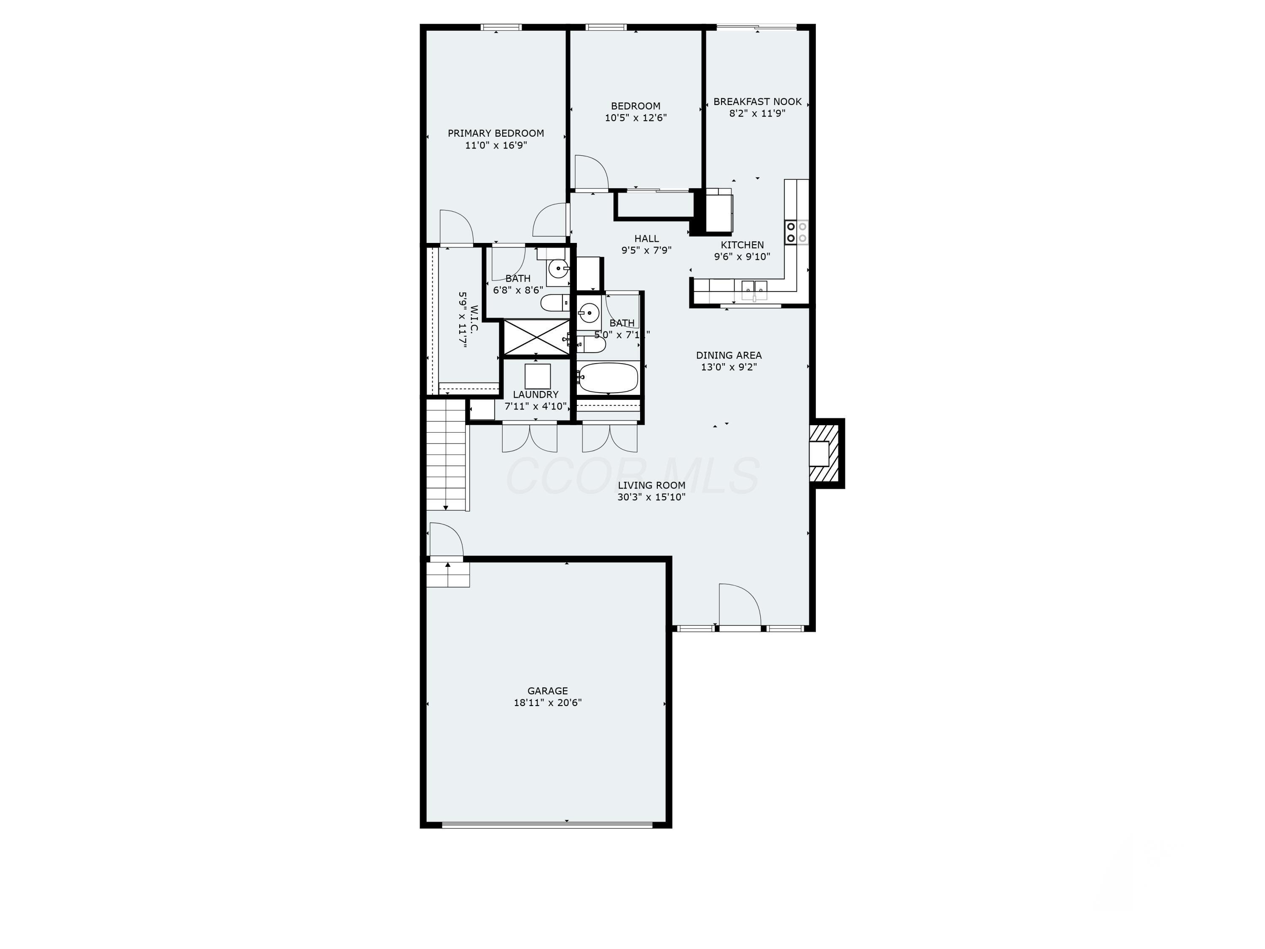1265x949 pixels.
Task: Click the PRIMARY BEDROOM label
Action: [x=495, y=133]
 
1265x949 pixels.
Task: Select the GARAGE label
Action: [x=547, y=691]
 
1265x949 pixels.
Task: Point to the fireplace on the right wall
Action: [x=825, y=453]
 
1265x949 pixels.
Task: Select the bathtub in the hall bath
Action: [x=607, y=378]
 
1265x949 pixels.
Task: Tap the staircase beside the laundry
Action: [x=447, y=455]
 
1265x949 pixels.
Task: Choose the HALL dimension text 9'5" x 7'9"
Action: [x=646, y=250]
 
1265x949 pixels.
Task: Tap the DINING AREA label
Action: [x=729, y=355]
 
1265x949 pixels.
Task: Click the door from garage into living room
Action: [x=446, y=540]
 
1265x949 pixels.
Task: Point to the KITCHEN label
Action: [x=742, y=245]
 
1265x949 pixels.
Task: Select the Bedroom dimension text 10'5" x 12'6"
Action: [x=635, y=118]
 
